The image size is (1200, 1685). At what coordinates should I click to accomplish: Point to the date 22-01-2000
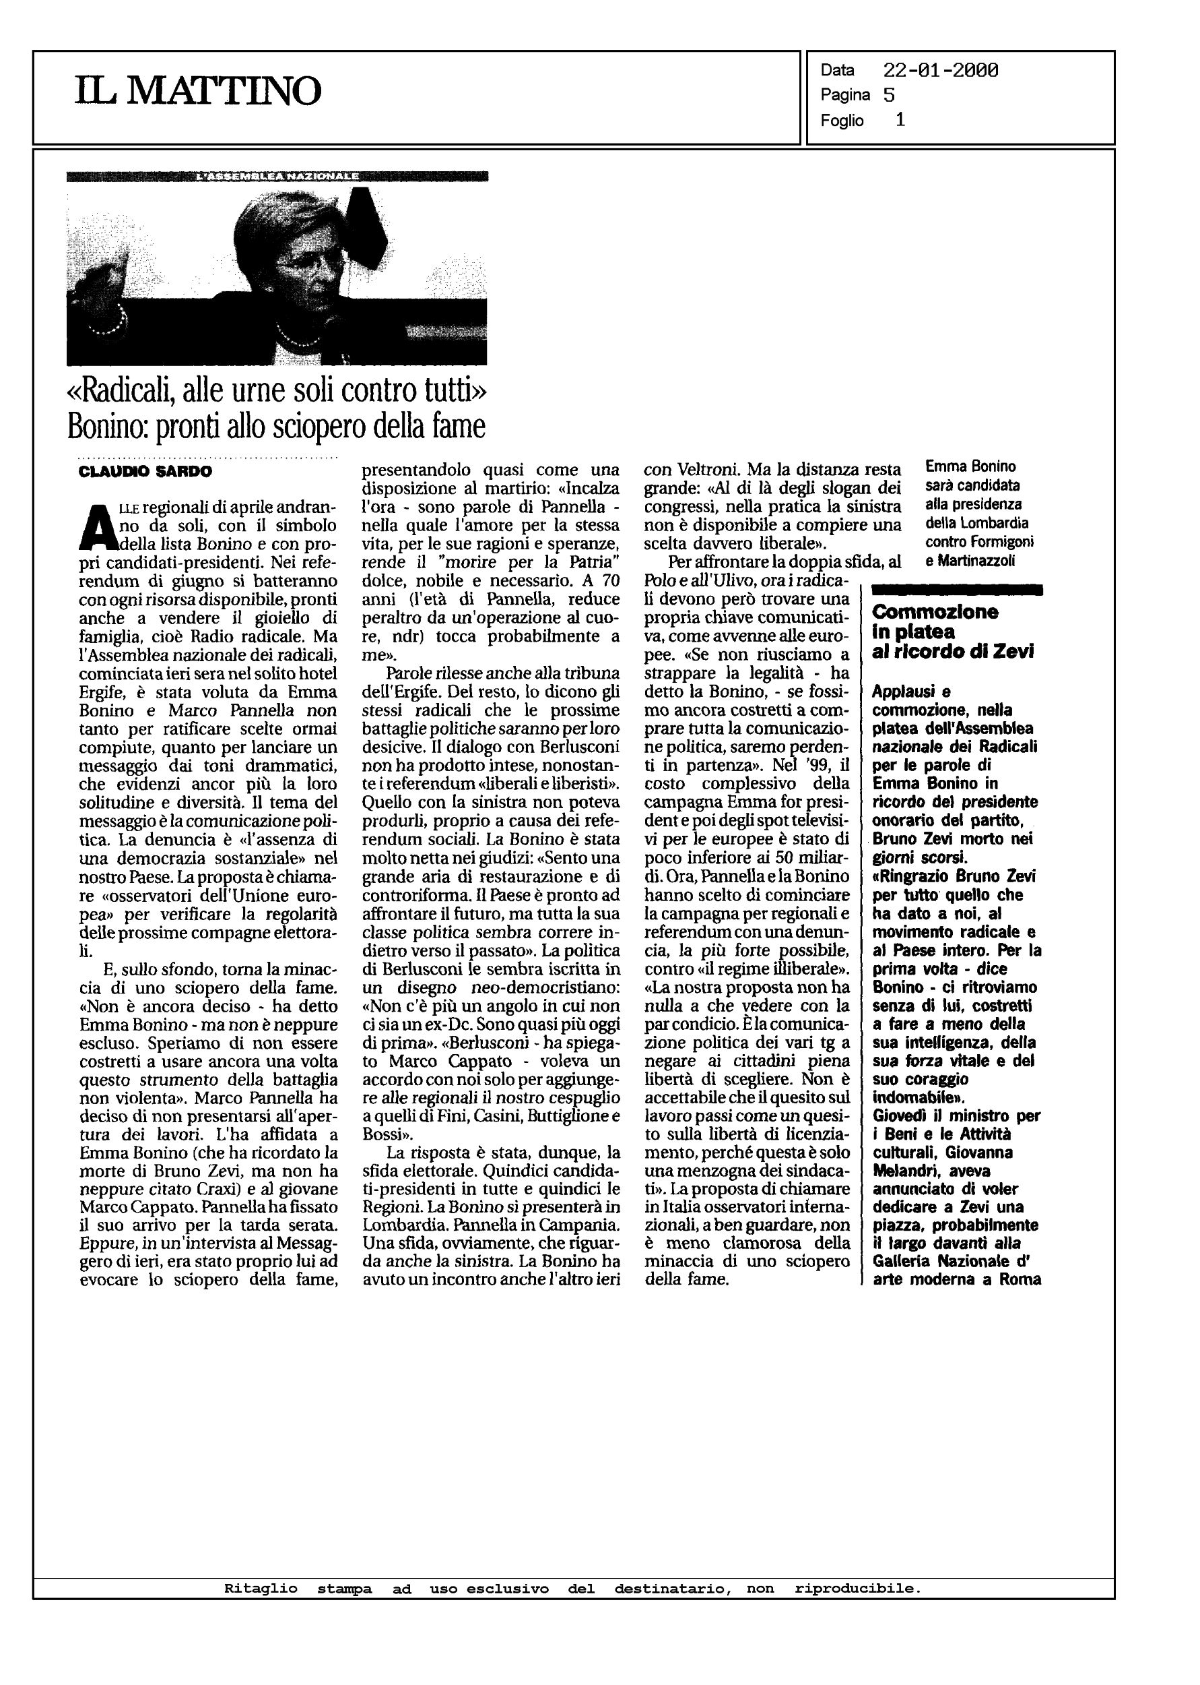click(940, 71)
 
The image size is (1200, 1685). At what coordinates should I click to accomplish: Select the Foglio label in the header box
click(842, 121)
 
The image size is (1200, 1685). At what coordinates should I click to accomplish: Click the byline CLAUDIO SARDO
click(145, 472)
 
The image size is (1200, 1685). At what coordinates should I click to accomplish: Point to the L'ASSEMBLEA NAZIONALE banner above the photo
click(277, 177)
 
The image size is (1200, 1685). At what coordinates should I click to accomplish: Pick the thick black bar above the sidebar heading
click(957, 589)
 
